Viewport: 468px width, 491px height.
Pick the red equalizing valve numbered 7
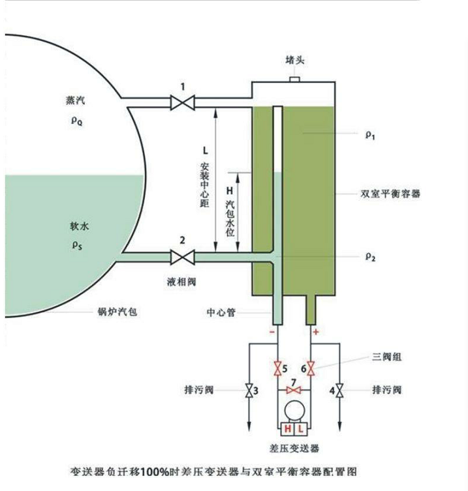click(294, 391)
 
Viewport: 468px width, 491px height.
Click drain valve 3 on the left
click(249, 391)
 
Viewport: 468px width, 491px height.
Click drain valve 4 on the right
click(339, 391)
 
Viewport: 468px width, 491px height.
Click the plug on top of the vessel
click(294, 80)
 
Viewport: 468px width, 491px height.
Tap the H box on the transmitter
click(286, 429)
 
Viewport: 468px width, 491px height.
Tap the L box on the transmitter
click(301, 429)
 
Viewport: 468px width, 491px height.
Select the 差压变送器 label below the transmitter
click(294, 449)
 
